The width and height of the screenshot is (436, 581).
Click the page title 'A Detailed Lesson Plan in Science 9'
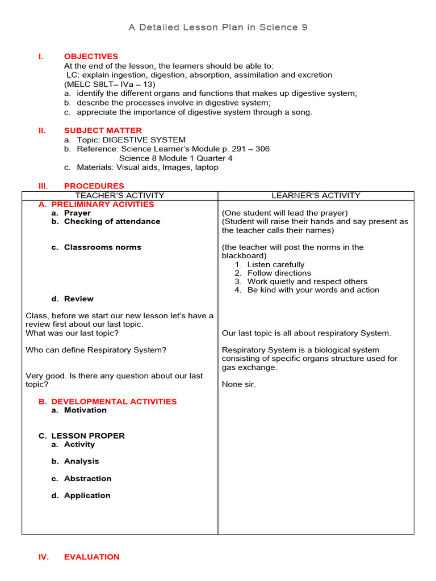pyautogui.click(x=218, y=27)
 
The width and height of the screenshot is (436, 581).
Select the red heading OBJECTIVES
pyautogui.click(x=91, y=56)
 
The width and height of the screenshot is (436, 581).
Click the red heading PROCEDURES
pyautogui.click(x=94, y=186)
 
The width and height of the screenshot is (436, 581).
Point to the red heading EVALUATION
pyautogui.click(x=91, y=557)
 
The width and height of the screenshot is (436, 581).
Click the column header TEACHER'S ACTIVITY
pyautogui.click(x=120, y=195)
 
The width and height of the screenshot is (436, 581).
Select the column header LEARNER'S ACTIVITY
pyautogui.click(x=316, y=195)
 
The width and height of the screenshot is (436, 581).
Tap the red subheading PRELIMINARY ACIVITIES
pyautogui.click(x=102, y=204)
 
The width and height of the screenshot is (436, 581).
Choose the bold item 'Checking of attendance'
pyautogui.click(x=112, y=221)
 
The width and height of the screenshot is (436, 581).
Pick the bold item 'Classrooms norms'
pyautogui.click(x=102, y=247)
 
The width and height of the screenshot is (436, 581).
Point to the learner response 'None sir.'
pyautogui.click(x=238, y=384)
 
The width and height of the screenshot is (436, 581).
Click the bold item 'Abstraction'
pyautogui.click(x=87, y=478)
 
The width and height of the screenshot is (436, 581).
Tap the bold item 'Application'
pyautogui.click(x=87, y=495)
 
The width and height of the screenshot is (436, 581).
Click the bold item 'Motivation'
pyautogui.click(x=85, y=410)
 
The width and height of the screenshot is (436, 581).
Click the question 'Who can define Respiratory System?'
pyautogui.click(x=96, y=350)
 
